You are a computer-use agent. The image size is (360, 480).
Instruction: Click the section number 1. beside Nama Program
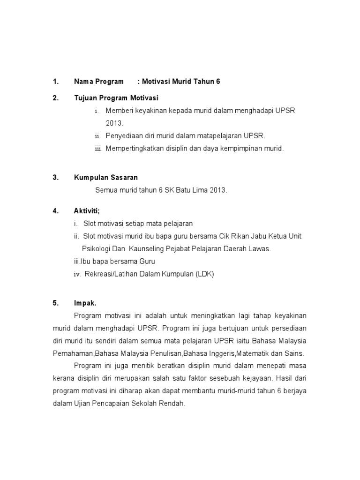point(56,82)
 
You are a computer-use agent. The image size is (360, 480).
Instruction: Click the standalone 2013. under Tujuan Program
point(114,123)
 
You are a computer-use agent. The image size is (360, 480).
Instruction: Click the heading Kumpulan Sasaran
point(106,177)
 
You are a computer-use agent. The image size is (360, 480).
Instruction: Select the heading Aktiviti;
point(87,211)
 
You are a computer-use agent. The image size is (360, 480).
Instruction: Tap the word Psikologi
point(96,249)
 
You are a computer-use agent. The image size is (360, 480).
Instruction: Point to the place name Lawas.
point(260,249)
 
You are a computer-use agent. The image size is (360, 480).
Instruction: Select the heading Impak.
point(85,303)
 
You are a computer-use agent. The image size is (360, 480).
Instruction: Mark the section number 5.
point(56,303)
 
